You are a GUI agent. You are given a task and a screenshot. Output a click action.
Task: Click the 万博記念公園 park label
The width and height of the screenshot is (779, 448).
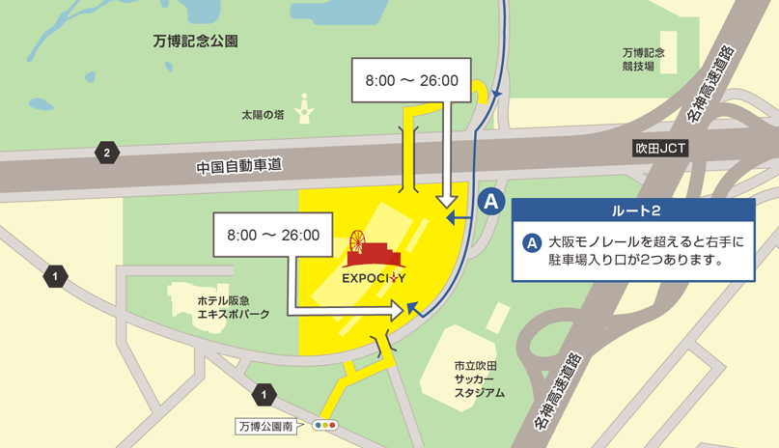pyautogui.click(x=195, y=42)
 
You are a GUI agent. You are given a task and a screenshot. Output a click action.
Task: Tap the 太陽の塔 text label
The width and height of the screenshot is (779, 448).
pyautogui.click(x=263, y=114)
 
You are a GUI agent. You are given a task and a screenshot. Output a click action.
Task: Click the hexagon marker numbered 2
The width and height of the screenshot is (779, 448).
pyautogui.click(x=106, y=152)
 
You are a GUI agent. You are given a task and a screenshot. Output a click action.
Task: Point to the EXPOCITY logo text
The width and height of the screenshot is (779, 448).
pyautogui.click(x=374, y=280)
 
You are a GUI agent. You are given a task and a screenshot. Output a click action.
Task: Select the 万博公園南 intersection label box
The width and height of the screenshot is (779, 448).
pyautogui.click(x=268, y=425)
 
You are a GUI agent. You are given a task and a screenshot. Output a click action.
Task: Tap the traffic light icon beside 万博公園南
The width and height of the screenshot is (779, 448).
pyautogui.click(x=325, y=425)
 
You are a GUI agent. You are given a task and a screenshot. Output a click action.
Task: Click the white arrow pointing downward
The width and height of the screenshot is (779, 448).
pyautogui.click(x=446, y=201)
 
